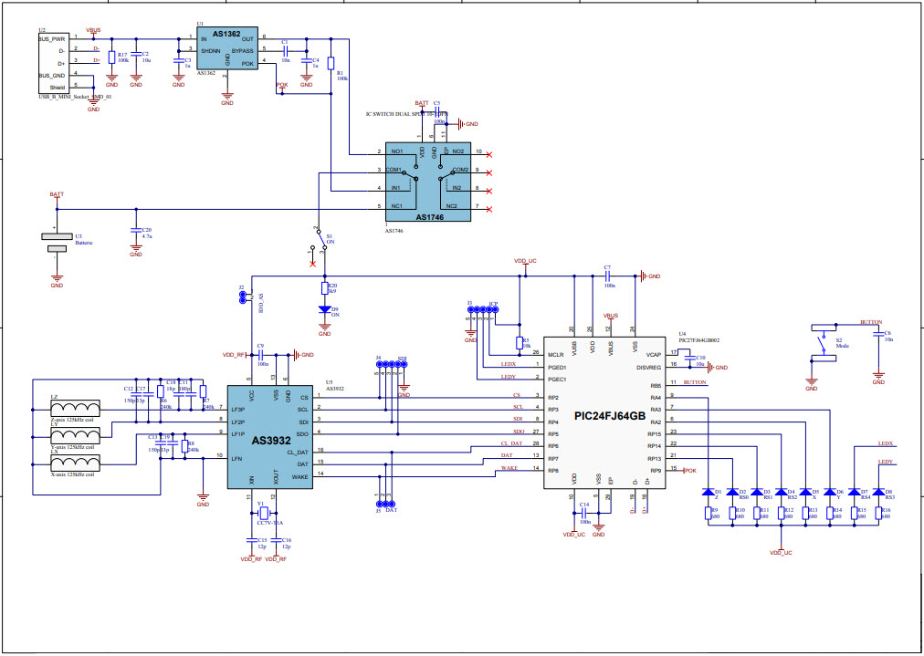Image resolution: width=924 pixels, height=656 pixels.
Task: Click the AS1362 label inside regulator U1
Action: pos(226,35)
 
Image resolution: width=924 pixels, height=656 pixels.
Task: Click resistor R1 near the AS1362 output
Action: pos(331,62)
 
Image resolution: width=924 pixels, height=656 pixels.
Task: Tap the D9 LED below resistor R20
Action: pos(324,309)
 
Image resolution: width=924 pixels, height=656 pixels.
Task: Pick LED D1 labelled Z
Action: pos(709,493)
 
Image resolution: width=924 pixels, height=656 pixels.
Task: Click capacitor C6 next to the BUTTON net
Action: pos(877,335)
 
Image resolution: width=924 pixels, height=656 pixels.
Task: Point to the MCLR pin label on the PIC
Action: pos(555,354)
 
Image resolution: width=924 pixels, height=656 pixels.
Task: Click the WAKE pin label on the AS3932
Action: pos(299,475)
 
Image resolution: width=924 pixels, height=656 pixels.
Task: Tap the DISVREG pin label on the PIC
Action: pos(647,368)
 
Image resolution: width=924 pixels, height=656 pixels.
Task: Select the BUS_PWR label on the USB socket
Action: pos(51,39)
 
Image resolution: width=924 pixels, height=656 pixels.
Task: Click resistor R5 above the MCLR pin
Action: pos(519,343)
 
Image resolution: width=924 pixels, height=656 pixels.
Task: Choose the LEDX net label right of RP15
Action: pos(884,443)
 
